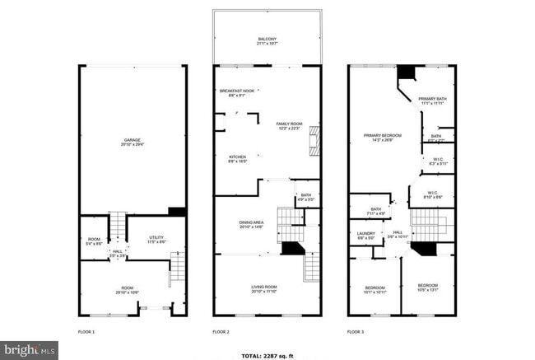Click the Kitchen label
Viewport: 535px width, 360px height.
click(x=237, y=159)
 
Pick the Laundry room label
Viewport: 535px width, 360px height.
click(x=366, y=236)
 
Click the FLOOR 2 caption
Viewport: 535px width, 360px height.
click(x=221, y=332)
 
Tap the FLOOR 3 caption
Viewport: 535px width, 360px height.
click(x=355, y=332)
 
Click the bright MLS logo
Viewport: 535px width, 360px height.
click(x=29, y=350)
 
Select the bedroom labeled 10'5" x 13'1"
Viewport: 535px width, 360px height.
click(x=428, y=289)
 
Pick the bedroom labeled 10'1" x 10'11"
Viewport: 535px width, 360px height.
click(x=374, y=289)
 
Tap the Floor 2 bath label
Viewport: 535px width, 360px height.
click(x=305, y=197)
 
